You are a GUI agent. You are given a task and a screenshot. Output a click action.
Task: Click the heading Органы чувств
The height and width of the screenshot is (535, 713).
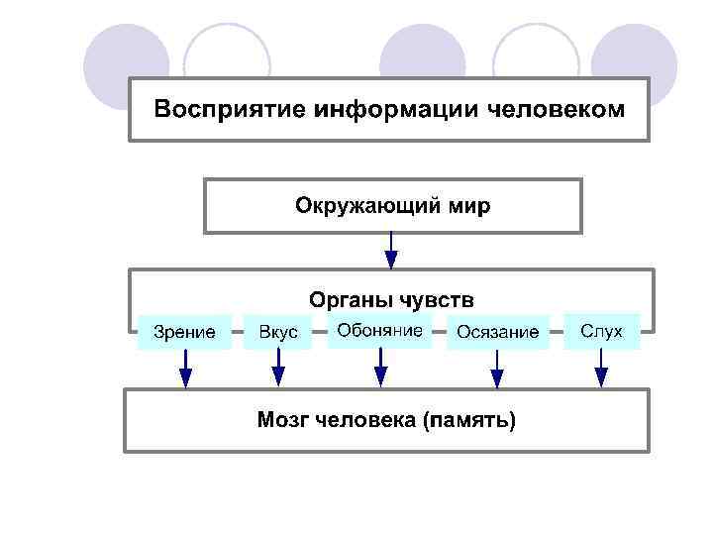tap(391, 298)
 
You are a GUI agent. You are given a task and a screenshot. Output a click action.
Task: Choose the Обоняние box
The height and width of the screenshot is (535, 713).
tap(379, 330)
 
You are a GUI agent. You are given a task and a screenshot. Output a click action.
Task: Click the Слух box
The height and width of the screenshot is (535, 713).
tap(601, 331)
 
